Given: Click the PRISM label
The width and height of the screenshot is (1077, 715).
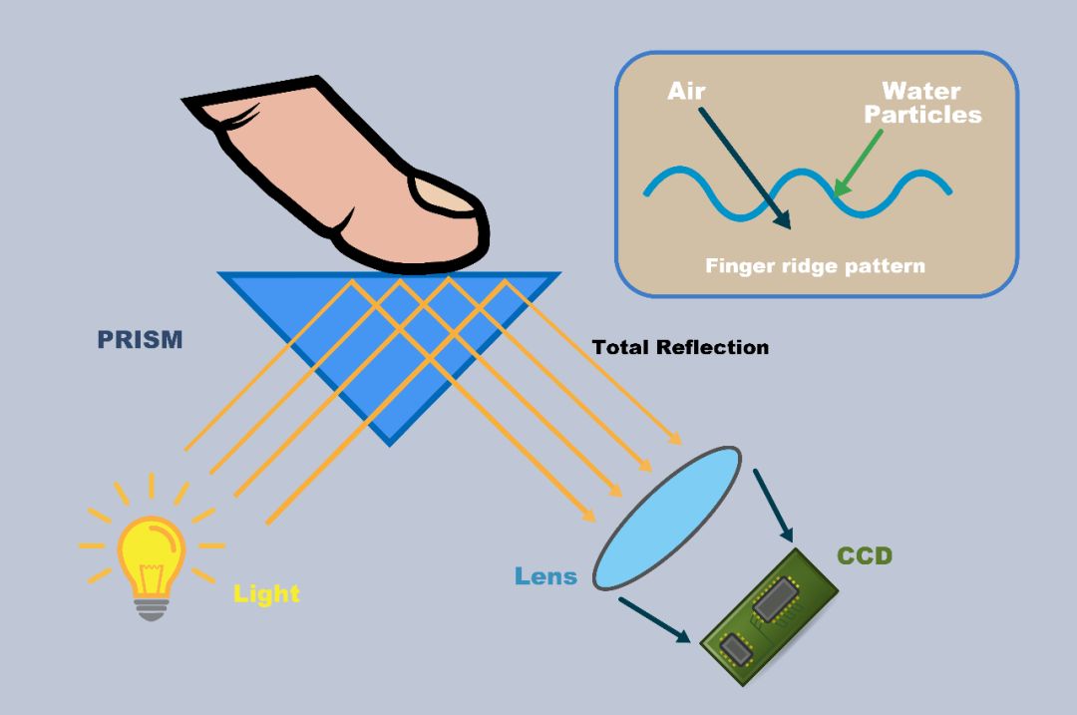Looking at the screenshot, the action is point(140,339).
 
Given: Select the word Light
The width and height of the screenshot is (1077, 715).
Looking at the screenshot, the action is point(266,594).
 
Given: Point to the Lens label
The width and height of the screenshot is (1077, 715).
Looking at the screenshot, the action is point(545,575).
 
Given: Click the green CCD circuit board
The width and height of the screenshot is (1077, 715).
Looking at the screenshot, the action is point(769,617).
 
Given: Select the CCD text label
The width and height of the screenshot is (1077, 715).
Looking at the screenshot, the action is point(864,555).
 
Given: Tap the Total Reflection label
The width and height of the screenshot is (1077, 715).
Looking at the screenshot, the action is point(680,348).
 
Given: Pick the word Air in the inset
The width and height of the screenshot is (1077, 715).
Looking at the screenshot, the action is point(686,92).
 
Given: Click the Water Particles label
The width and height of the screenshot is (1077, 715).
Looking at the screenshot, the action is point(922,104).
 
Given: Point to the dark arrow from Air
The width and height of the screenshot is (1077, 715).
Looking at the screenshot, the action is point(744,165).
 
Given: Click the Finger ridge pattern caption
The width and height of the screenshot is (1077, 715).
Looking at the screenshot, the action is point(815,266).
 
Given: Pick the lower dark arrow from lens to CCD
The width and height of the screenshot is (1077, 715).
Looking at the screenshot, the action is point(654,618).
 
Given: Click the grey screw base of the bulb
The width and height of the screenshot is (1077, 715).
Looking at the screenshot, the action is point(151,607).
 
